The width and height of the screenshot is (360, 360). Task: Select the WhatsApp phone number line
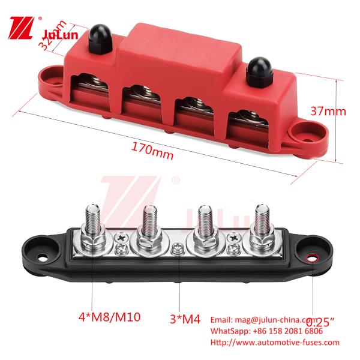pyautogui.click(x=266, y=331)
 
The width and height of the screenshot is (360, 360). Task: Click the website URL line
pyautogui.click(x=274, y=343)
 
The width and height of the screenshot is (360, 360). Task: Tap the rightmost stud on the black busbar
pyautogui.click(x=262, y=222)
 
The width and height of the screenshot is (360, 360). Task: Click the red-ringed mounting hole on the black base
pyautogui.click(x=312, y=258)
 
